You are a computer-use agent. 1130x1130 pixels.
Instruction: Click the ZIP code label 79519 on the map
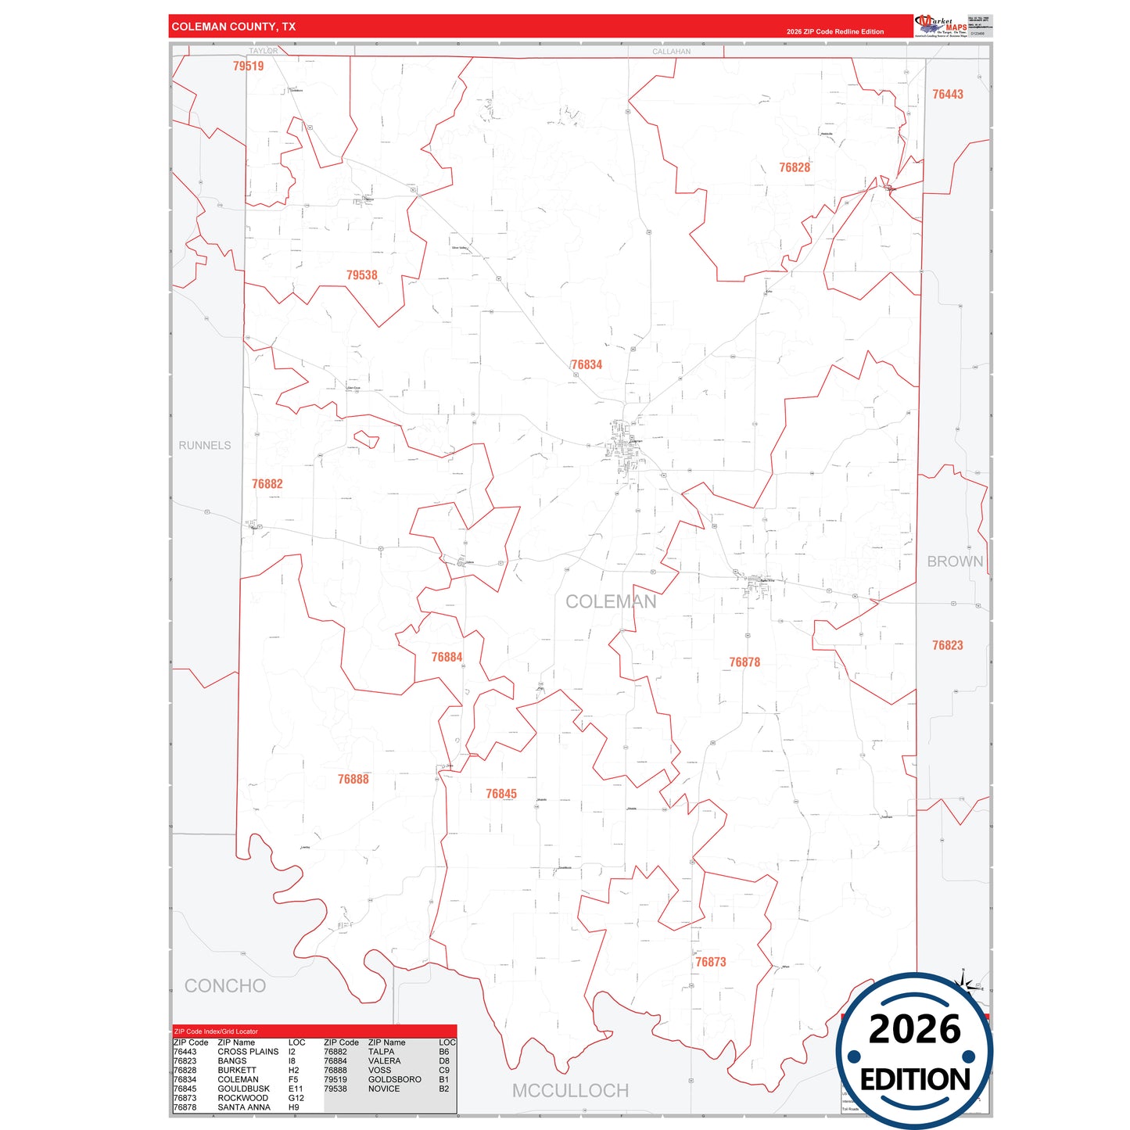(249, 66)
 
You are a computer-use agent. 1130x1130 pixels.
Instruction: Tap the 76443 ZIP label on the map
(947, 95)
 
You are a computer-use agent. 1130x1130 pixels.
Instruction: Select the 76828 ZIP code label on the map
(794, 168)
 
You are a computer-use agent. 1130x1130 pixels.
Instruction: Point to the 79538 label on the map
(361, 275)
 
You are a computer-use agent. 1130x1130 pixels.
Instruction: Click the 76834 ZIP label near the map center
(587, 365)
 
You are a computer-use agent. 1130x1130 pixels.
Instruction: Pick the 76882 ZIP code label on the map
(267, 484)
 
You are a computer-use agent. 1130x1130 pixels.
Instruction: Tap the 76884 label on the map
(447, 658)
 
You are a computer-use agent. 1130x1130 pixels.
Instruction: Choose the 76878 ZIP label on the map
(744, 662)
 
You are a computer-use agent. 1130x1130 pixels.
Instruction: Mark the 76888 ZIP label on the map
(353, 780)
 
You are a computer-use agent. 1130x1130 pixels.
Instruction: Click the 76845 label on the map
(500, 795)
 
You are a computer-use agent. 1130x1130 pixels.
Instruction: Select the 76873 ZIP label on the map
(711, 963)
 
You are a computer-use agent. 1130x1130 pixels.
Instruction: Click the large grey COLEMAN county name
(611, 602)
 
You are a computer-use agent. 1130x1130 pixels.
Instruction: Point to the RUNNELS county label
(205, 446)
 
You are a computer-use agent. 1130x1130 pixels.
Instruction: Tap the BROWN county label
(955, 561)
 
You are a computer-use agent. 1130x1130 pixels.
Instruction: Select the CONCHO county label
(225, 986)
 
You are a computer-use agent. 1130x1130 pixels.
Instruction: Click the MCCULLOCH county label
(570, 1091)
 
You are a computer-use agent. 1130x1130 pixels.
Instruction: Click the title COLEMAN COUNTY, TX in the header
(233, 27)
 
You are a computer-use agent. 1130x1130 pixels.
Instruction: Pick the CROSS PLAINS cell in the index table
(248, 1052)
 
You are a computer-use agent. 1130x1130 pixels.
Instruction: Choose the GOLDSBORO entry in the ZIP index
(394, 1079)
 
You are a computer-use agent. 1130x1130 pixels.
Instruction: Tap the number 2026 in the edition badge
(914, 1029)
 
